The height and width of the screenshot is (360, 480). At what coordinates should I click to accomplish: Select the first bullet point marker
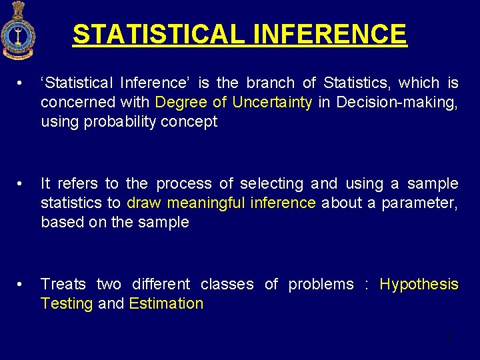[x=23, y=83]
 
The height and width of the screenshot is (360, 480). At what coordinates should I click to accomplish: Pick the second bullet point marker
[x=23, y=184]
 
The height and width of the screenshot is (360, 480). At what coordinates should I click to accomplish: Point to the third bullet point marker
[x=23, y=285]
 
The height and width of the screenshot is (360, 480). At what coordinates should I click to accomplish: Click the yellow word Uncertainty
[x=272, y=103]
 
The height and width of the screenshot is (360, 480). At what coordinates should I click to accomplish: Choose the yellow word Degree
[x=180, y=103]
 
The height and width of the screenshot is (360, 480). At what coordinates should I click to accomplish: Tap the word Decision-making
[x=397, y=103]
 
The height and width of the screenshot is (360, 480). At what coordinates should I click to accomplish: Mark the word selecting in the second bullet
[x=273, y=184]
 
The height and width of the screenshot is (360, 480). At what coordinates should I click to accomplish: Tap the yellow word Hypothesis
[x=419, y=285]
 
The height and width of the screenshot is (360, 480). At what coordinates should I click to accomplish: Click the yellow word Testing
[x=67, y=304]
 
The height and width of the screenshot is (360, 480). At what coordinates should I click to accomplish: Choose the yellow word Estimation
[x=166, y=304]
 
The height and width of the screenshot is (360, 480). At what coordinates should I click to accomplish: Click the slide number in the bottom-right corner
[x=449, y=336]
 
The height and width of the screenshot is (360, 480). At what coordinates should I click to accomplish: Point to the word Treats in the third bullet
[x=63, y=285]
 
